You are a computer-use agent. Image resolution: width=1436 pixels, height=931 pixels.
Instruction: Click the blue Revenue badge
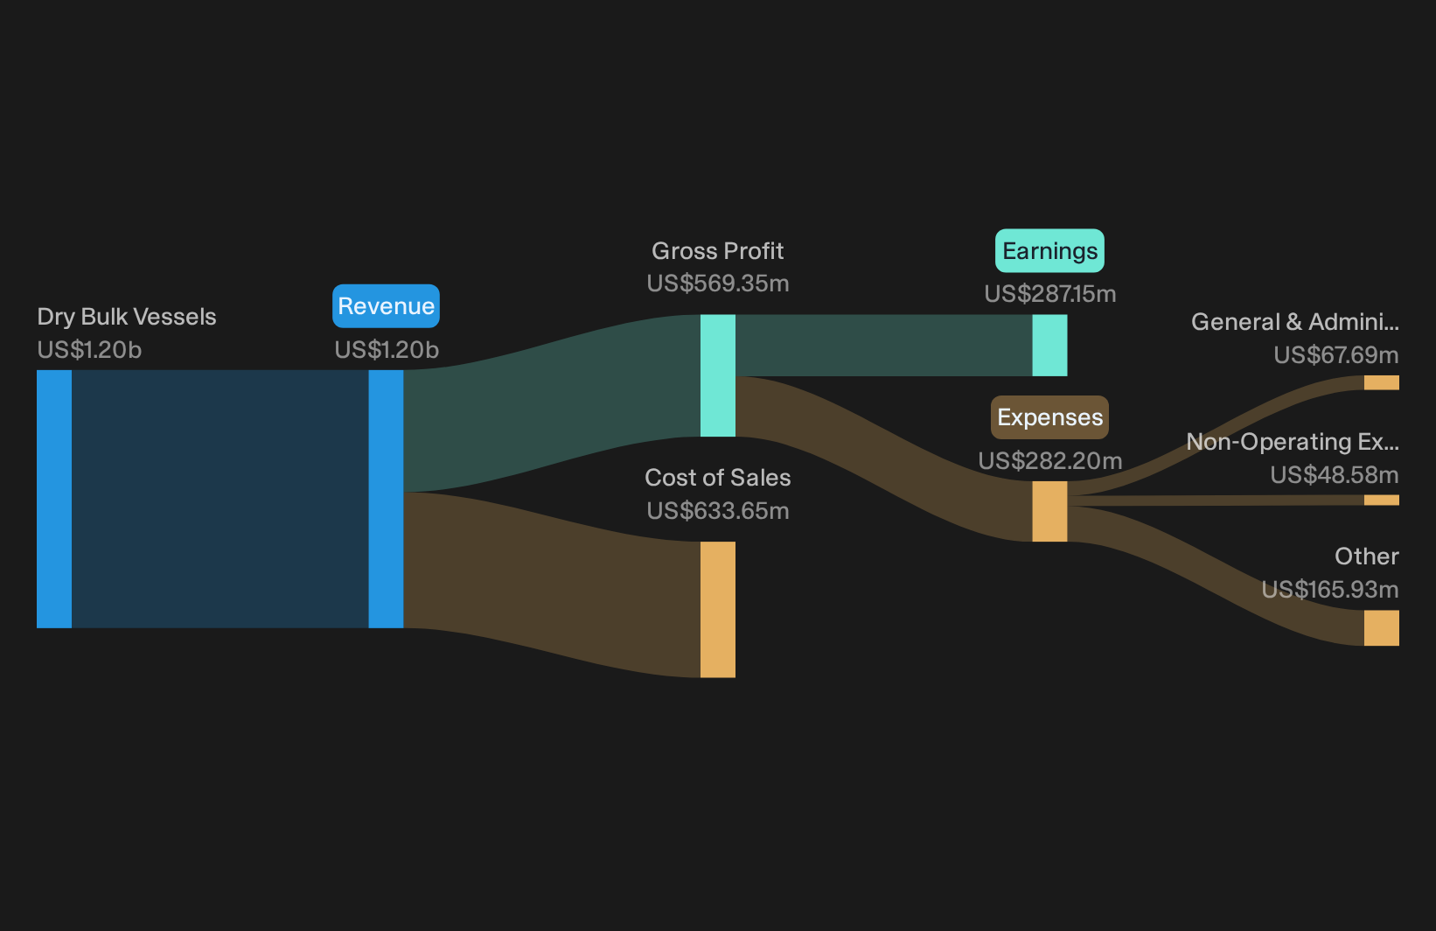click(x=386, y=306)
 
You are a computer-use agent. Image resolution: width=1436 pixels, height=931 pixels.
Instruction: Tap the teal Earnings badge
click(x=1049, y=251)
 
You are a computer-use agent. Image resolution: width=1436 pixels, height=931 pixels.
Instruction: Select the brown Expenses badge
click(x=1049, y=417)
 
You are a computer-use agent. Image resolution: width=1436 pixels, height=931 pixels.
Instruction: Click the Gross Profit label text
click(x=717, y=251)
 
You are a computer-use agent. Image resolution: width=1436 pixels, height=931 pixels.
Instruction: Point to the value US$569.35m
click(x=717, y=283)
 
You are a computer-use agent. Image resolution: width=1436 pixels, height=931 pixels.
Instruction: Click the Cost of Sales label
click(x=717, y=478)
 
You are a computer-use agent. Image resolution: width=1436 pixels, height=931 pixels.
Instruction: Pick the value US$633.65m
click(x=717, y=511)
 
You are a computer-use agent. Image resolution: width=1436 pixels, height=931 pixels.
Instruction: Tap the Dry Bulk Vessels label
click(x=126, y=317)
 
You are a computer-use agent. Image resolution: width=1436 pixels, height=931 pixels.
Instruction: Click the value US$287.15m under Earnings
click(x=1050, y=294)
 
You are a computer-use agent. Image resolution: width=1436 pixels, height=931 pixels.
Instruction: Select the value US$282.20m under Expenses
click(x=1050, y=461)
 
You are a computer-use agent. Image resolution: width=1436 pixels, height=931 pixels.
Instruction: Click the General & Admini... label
click(x=1295, y=321)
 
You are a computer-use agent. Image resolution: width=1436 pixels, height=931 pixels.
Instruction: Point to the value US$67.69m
click(x=1336, y=355)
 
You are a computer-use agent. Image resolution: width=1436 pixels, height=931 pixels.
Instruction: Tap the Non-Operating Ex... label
click(x=1293, y=442)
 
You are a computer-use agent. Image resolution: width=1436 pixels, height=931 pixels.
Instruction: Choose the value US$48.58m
click(x=1334, y=475)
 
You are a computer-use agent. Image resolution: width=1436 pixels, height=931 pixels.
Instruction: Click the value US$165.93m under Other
click(x=1330, y=589)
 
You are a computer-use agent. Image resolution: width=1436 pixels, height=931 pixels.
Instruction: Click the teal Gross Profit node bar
click(x=717, y=375)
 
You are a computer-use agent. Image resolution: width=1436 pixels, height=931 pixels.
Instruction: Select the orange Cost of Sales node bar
click(x=717, y=610)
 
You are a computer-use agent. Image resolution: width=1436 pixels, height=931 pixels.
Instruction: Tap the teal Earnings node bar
click(x=1049, y=346)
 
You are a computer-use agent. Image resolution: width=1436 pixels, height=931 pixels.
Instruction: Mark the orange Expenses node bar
click(x=1049, y=511)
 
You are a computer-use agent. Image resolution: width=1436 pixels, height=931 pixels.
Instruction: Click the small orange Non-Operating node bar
click(x=1382, y=500)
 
